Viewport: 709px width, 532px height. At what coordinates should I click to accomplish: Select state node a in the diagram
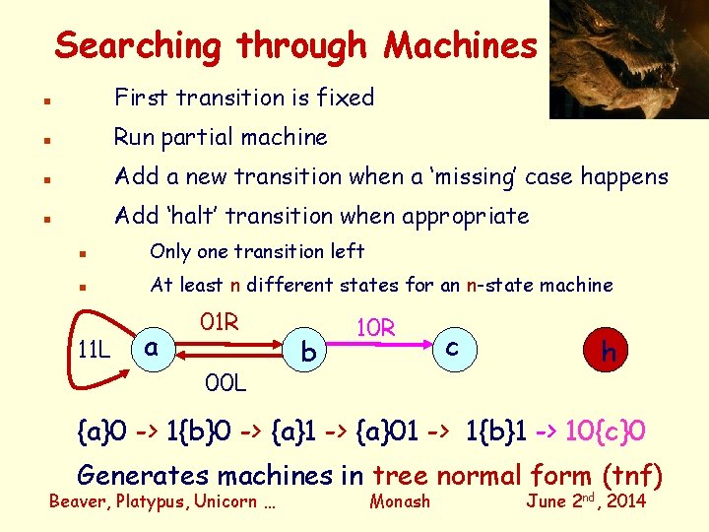(x=150, y=348)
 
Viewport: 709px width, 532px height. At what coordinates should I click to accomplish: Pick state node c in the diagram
(x=451, y=347)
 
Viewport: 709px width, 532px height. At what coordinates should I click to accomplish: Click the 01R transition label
(x=219, y=322)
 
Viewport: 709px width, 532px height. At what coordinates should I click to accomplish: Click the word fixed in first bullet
(x=341, y=98)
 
